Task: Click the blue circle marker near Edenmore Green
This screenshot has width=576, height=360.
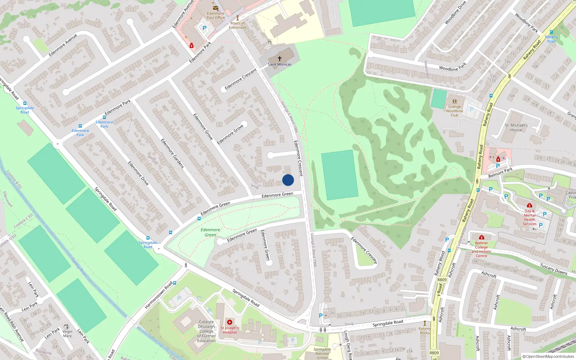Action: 288,180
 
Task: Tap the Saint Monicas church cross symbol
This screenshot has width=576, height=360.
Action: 280,58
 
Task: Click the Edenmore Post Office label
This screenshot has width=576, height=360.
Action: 216,15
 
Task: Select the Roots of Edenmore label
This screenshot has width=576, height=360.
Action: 238,25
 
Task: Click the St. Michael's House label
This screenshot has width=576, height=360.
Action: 516,128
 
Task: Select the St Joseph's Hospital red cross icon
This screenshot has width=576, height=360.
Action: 230,322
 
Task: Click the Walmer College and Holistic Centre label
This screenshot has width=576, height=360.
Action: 481,249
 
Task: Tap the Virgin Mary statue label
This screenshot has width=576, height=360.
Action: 67,334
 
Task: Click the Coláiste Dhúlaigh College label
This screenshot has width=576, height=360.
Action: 207,331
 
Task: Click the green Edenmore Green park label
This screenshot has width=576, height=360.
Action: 211,232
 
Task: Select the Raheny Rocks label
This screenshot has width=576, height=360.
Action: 425,330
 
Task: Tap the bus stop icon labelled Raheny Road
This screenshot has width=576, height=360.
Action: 551,32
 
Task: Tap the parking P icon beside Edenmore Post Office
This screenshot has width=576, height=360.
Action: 204,28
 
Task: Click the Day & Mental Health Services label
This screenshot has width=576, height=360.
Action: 530,217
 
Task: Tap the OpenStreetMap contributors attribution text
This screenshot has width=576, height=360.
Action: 548,356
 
